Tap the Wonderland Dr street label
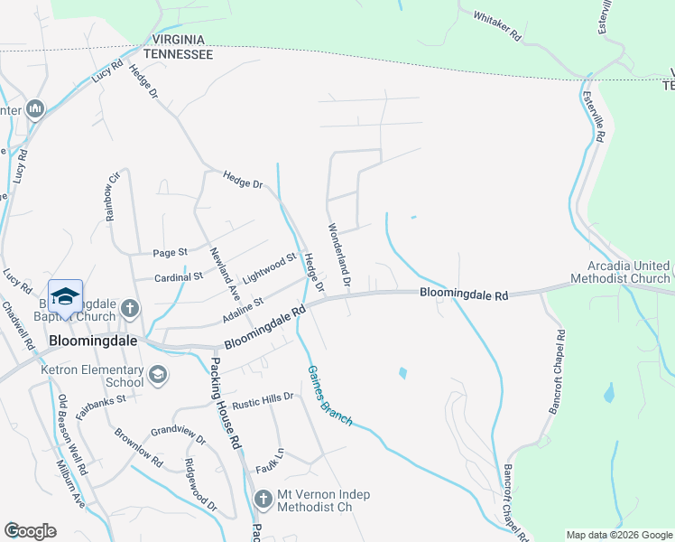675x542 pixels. (337, 256)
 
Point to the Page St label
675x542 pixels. (170, 252)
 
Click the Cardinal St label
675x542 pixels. (176, 277)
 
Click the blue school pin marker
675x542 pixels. (66, 297)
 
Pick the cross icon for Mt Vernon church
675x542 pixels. (263, 499)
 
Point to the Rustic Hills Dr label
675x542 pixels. (263, 397)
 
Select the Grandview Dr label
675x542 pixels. (179, 436)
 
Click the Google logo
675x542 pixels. (30, 531)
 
